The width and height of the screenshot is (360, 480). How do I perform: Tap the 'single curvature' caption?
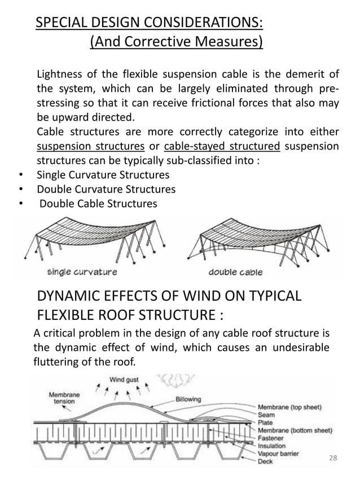[82, 272]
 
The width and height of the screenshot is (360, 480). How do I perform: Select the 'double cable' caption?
[236, 272]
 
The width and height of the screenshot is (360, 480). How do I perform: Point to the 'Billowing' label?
[188, 399]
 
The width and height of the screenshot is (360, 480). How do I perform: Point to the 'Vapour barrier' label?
[279, 453]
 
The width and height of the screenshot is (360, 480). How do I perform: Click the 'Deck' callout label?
[266, 461]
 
